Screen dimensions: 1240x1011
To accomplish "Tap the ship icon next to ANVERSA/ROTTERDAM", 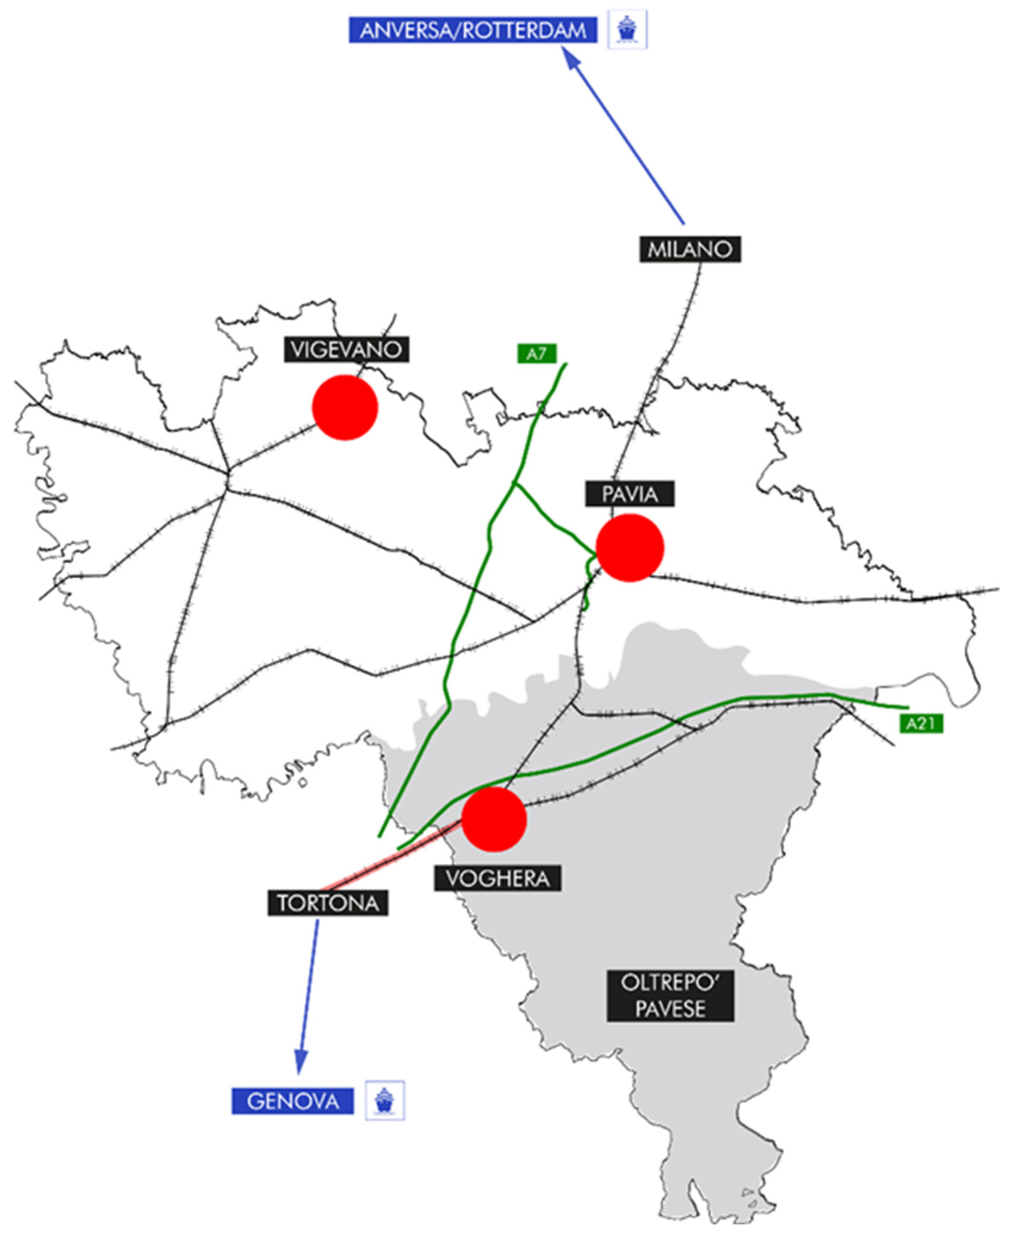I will [x=627, y=29].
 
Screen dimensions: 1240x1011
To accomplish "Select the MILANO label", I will [x=690, y=249].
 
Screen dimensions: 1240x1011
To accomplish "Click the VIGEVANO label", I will [x=346, y=349].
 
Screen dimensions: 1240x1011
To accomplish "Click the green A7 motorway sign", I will [x=536, y=354].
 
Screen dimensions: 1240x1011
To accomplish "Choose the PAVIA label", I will [x=629, y=494].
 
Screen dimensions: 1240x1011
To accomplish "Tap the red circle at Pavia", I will [x=629, y=548].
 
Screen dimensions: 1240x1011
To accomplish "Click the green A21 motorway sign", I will [x=921, y=724].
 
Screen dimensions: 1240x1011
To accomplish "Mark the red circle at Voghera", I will [x=494, y=819].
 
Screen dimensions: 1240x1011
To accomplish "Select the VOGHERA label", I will [x=497, y=878].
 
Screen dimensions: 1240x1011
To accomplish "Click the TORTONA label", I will [x=328, y=903].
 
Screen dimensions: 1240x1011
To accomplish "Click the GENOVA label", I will [x=292, y=1101].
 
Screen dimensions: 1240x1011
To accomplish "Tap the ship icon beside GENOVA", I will [x=384, y=1100].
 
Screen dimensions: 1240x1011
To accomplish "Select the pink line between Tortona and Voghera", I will [x=390, y=859].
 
